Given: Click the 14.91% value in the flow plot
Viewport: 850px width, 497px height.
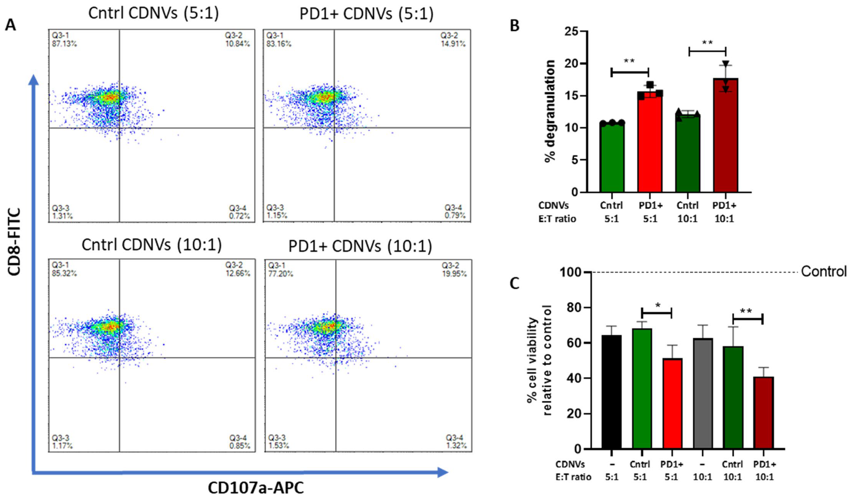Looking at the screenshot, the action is click(453, 44).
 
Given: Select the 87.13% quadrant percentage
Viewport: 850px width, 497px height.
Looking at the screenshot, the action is click(64, 44).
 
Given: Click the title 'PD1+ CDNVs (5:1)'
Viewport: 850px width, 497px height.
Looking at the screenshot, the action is click(367, 14).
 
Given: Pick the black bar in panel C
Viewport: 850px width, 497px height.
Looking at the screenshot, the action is click(612, 392).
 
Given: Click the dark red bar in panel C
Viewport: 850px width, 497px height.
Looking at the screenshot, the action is click(764, 413).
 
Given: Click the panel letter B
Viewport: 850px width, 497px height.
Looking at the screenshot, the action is click(514, 25).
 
